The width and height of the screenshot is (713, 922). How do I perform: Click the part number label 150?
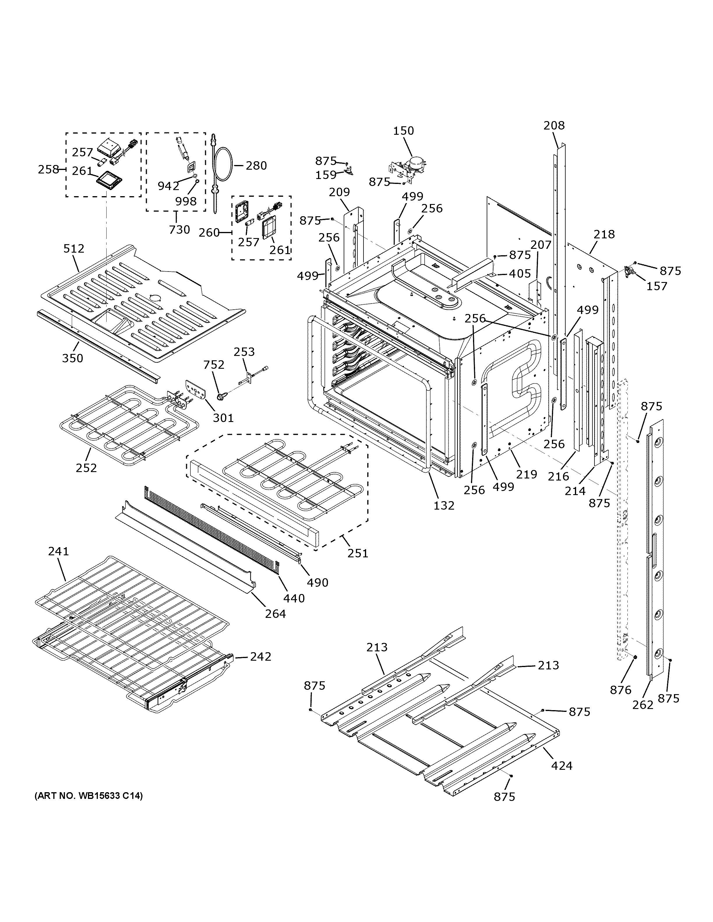click(403, 131)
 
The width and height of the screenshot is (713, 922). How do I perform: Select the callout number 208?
click(554, 125)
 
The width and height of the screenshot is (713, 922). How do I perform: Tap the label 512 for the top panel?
click(74, 249)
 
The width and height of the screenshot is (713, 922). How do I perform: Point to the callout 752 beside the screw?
click(214, 365)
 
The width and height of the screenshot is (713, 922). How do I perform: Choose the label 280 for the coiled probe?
click(256, 166)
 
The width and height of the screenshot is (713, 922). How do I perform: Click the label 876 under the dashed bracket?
click(620, 690)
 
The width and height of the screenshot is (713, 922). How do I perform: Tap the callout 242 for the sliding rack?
click(261, 657)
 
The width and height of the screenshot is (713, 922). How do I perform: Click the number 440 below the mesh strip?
click(294, 598)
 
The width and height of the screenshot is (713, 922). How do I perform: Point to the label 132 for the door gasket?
click(444, 505)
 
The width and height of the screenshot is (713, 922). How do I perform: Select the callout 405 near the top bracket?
click(520, 274)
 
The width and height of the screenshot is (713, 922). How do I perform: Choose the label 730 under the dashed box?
click(179, 230)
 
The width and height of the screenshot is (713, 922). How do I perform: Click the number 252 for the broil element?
click(86, 468)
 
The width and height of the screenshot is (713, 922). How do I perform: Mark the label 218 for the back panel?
click(604, 234)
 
